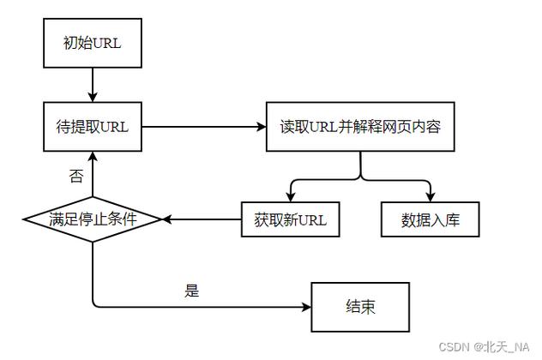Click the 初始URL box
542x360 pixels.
[x=92, y=43]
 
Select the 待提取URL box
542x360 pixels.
[x=92, y=127]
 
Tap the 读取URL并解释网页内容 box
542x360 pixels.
[x=360, y=127]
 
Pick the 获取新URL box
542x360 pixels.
[x=290, y=219]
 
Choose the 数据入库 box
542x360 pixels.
[x=430, y=219]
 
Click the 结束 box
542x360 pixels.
[x=360, y=307]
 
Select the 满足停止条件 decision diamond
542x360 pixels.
[x=92, y=219]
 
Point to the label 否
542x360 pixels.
[x=75, y=176]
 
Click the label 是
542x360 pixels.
[x=191, y=290]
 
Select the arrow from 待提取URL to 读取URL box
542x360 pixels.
[x=204, y=127]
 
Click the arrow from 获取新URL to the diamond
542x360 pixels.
[x=202, y=219]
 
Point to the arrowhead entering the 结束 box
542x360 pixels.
[x=306, y=307]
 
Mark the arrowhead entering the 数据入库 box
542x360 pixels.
[x=430, y=195]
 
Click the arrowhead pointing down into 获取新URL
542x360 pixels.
[x=291, y=195]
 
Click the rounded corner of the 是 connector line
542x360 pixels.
[x=94, y=304]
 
